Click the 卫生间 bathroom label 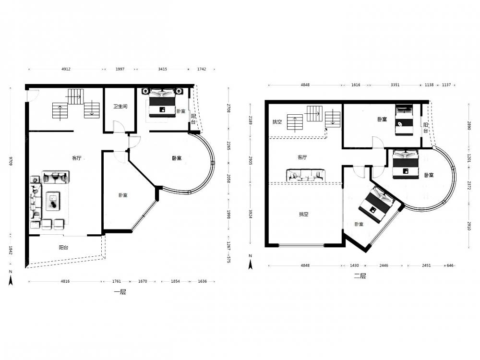(120, 106)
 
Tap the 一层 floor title (120, 292)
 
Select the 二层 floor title (360, 276)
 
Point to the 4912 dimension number (66, 69)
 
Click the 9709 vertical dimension (11, 161)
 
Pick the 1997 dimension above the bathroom (120, 69)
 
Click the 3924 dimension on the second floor (251, 214)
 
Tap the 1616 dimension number (356, 85)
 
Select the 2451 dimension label (426, 265)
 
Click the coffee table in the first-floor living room (53, 201)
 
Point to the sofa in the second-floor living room (305, 175)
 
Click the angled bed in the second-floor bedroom (376, 204)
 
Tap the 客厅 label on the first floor (76, 158)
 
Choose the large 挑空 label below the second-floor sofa (304, 214)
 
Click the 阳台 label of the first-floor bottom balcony (63, 247)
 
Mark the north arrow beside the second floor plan (251, 263)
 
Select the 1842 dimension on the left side (11, 250)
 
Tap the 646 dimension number (450, 265)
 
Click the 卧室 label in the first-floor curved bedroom (177, 158)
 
